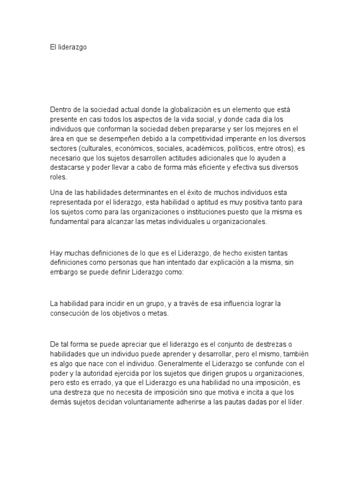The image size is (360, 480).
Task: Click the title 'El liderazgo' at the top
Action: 68,47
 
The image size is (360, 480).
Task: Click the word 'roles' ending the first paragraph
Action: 58,178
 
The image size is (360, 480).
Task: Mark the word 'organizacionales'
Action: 239,222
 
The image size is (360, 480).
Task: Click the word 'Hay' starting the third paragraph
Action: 56,252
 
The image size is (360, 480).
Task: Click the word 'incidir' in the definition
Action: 107,303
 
